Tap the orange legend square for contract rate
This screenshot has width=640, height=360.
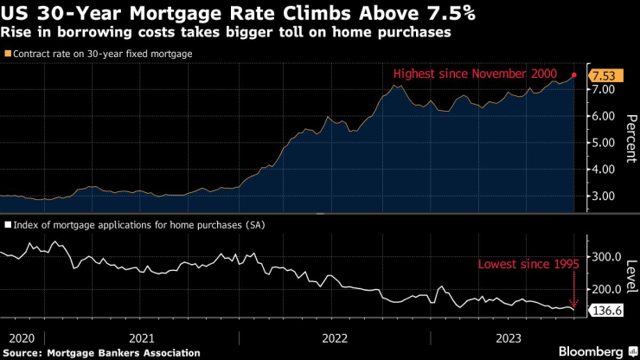(x=7, y=54)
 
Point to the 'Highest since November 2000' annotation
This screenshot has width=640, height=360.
(x=475, y=74)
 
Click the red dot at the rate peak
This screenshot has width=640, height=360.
(x=574, y=75)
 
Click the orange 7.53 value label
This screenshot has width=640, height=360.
(x=602, y=76)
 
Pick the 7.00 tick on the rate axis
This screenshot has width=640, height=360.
(x=602, y=90)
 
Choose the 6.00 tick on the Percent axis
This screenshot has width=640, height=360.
(x=602, y=117)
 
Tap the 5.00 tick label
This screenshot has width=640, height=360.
(x=602, y=144)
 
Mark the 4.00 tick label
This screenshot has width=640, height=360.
(x=602, y=170)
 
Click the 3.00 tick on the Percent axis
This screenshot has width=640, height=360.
(x=602, y=197)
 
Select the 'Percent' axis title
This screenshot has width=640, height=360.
(x=630, y=138)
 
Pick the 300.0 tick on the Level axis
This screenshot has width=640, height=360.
(x=604, y=257)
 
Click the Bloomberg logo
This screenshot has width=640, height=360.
(x=584, y=351)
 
